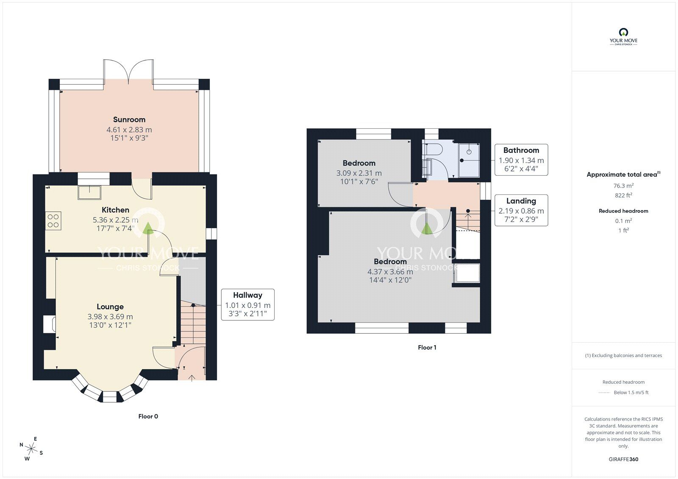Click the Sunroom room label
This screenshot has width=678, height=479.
pos(129,119)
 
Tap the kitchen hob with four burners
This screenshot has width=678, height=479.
pos(53,221)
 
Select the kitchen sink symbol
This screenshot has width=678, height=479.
pos(89,192)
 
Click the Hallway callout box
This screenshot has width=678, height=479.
pos(247,305)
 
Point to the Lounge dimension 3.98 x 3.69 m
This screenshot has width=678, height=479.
pos(110,316)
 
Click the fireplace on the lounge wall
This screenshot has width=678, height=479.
pos(49,324)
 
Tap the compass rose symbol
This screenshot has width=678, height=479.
pos(31,448)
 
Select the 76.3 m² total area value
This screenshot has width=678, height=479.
pos(623,186)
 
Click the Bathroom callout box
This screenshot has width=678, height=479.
pos(521,160)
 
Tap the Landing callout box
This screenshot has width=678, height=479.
pos(521,210)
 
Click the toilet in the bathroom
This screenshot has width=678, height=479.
pos(434,149)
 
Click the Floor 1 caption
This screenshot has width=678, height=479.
pos(427,347)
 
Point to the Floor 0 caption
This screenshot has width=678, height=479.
pos(148,416)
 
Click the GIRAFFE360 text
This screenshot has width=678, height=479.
pos(623,459)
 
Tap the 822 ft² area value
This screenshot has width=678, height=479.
pos(623,195)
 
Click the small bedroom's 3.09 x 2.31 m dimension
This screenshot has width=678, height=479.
pos(358,173)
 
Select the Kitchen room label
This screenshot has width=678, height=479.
pos(115,210)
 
